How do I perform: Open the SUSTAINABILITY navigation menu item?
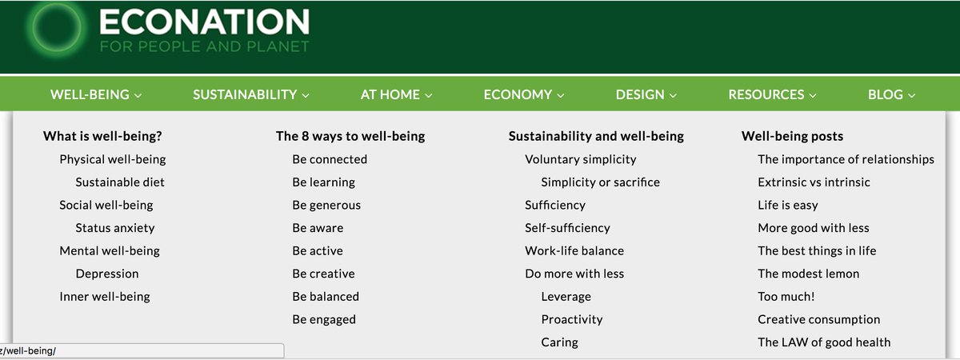(x=250, y=94)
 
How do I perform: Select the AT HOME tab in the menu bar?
(x=396, y=94)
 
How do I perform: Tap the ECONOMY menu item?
(x=523, y=94)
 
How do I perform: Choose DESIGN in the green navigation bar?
(x=646, y=94)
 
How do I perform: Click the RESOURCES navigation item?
(x=772, y=94)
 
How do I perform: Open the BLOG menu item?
(x=891, y=94)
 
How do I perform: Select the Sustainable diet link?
(x=120, y=182)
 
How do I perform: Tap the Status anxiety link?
(x=115, y=228)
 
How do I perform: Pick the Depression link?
(x=107, y=274)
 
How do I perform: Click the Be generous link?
(x=326, y=205)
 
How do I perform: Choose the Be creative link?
(x=323, y=274)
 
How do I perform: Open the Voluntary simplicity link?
(x=580, y=159)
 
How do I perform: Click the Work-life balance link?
(x=574, y=250)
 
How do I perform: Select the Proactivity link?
(x=571, y=319)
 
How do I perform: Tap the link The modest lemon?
(x=808, y=274)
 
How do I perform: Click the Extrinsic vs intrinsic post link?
(x=814, y=182)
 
